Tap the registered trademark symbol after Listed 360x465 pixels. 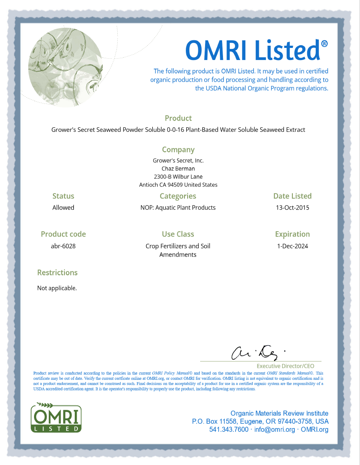tap(324, 43)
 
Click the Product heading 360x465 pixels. tap(178, 118)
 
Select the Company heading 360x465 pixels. tap(178, 150)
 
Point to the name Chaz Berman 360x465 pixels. tap(178, 168)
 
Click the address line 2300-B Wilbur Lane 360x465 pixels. tap(178, 177)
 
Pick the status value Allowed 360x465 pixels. tap(63, 207)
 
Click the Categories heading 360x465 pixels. tap(178, 196)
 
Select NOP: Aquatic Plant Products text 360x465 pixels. tap(178, 207)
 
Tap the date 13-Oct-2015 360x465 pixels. tap(292, 207)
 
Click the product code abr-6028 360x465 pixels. tap(63, 246)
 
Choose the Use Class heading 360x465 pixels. tap(178, 234)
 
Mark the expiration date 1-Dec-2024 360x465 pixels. tap(292, 246)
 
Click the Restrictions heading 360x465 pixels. tap(57, 272)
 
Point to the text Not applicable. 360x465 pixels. tap(57, 288)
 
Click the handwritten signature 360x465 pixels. tap(255, 353)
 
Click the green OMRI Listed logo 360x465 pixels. tap(56, 417)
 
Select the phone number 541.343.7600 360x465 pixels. tap(228, 430)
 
